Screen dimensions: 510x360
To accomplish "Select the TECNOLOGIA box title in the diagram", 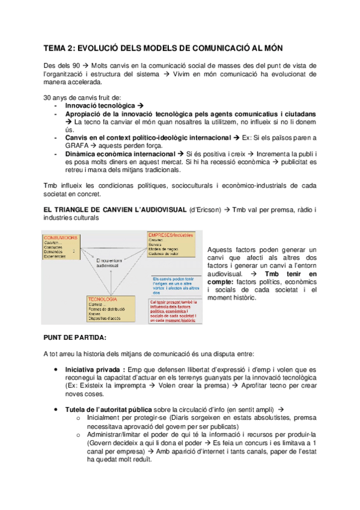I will click(x=102, y=299).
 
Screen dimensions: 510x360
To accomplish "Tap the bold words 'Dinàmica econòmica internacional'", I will click(x=124, y=155).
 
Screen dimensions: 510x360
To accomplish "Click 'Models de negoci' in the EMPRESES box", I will click(x=165, y=248).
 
